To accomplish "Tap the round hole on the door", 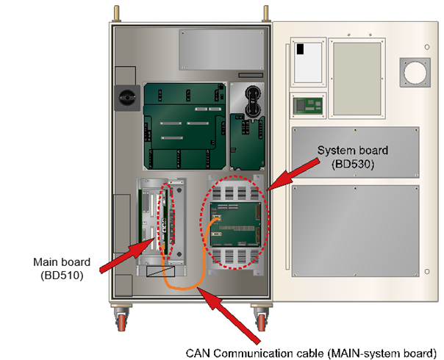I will coord(414,74).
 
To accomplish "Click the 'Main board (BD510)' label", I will coord(61,268).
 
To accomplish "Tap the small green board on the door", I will coord(309,105).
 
